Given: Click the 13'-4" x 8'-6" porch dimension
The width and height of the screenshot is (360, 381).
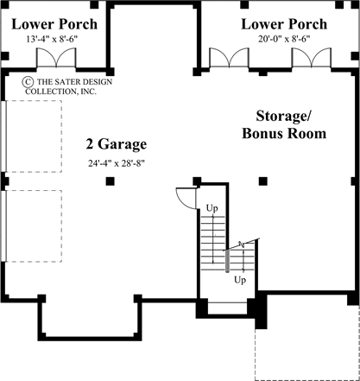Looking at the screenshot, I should coord(51,38).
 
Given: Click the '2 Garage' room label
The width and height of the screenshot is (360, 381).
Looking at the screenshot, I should coord(116,143).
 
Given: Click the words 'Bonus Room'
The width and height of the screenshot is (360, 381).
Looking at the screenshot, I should coord(284,133).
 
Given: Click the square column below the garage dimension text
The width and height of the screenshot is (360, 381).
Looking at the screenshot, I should coord(109,181).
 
